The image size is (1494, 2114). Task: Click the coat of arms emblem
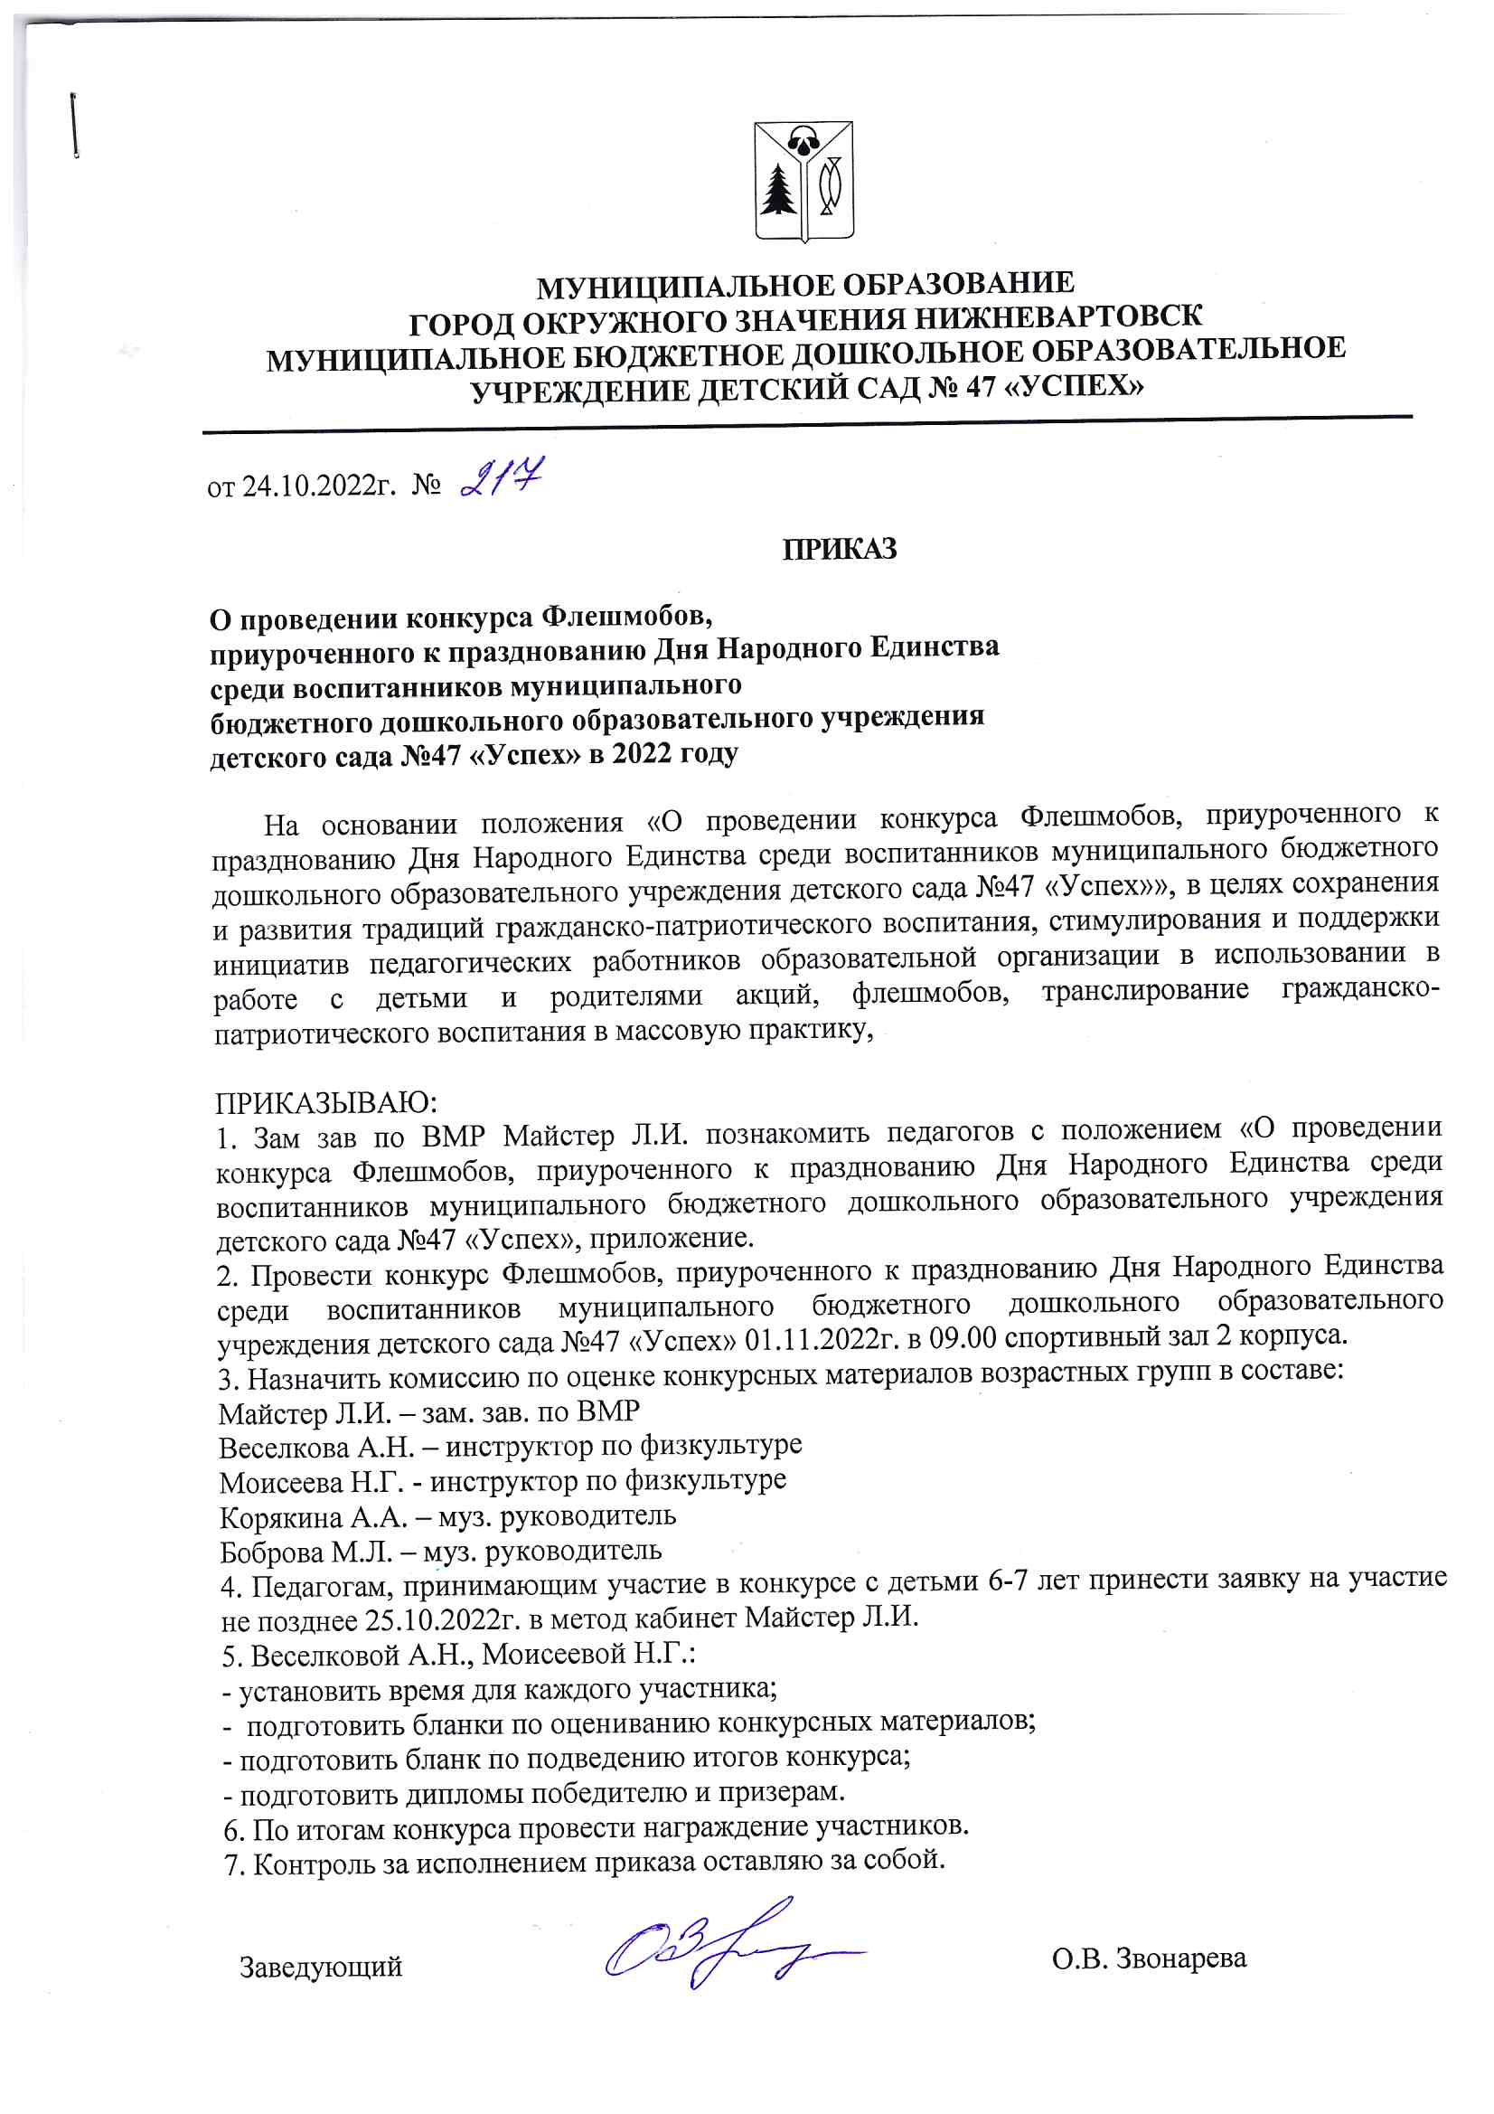pyautogui.click(x=803, y=182)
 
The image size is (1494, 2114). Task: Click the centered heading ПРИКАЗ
pyautogui.click(x=839, y=550)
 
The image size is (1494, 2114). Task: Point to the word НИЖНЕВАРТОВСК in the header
pyautogui.click(x=1057, y=316)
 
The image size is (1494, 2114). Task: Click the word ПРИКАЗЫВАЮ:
pyautogui.click(x=327, y=1102)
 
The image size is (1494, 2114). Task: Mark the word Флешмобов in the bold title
pyautogui.click(x=625, y=616)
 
